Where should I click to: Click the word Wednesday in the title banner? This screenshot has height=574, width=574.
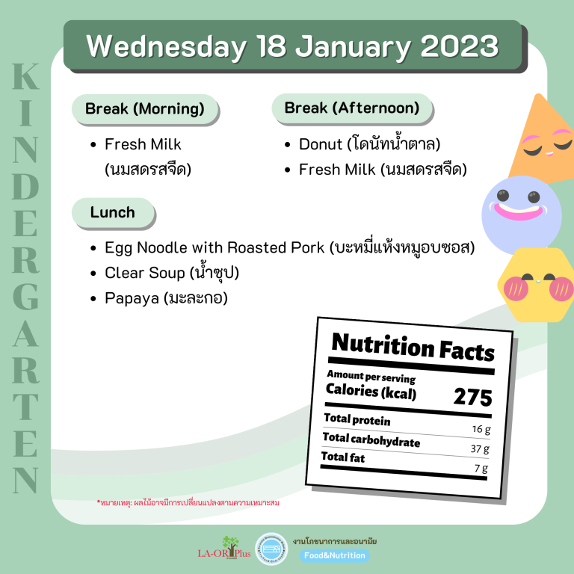tap(167, 47)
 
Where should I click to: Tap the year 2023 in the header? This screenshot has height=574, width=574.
tap(460, 46)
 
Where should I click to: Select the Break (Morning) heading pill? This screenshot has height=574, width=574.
tap(145, 109)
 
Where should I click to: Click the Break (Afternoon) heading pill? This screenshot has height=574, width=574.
tap(352, 108)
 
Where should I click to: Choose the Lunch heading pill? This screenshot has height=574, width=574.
tap(113, 213)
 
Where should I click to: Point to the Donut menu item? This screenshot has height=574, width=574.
tap(370, 143)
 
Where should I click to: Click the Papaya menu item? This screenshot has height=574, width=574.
tap(166, 298)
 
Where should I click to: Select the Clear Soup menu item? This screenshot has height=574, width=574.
tap(172, 272)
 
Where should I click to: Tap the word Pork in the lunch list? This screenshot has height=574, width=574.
tap(307, 247)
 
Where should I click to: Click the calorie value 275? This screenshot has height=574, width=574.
tap(472, 397)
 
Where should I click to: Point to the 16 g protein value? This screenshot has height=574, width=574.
tap(481, 429)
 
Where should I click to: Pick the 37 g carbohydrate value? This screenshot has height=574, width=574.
tap(480, 448)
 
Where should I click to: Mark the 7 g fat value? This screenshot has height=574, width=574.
tap(481, 468)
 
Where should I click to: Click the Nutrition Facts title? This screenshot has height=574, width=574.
tap(413, 347)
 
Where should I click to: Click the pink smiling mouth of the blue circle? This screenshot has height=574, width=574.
tap(519, 212)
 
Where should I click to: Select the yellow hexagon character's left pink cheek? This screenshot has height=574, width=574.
tap(516, 288)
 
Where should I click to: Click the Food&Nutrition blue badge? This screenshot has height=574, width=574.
tap(335, 555)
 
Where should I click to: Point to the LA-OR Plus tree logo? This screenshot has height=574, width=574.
tap(224, 548)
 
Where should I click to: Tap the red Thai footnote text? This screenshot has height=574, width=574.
tap(188, 502)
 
